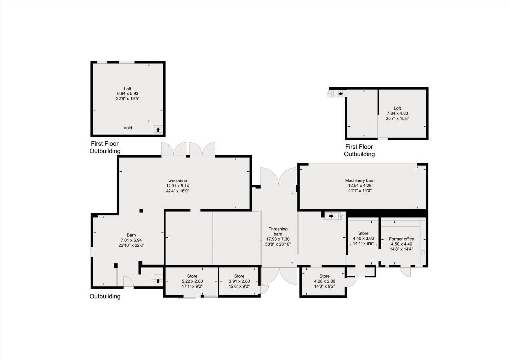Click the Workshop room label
[x=177, y=180]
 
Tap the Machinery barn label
[x=359, y=180]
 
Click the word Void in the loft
[x=128, y=128]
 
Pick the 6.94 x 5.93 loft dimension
[x=128, y=93]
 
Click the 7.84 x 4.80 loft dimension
[x=397, y=113]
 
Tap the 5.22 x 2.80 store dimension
[x=192, y=281]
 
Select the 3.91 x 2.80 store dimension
[x=239, y=281]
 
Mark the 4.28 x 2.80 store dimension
[x=324, y=281]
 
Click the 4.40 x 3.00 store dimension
[x=363, y=239]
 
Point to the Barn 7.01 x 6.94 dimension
[x=131, y=240]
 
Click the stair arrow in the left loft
[x=158, y=130]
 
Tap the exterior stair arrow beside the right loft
[x=340, y=93]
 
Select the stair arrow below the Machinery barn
[x=331, y=216]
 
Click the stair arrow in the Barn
[x=158, y=281]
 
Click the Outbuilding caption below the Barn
[x=105, y=297]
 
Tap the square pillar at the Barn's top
[x=141, y=211]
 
